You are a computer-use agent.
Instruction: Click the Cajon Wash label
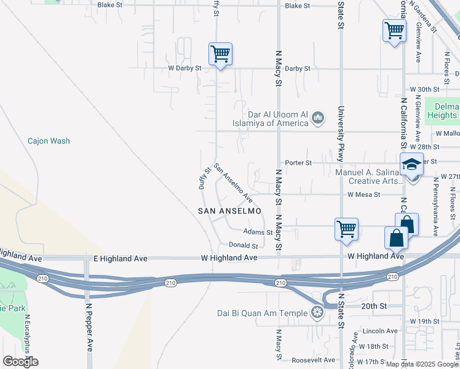point(49,141)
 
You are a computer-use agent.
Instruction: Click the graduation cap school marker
point(411,164)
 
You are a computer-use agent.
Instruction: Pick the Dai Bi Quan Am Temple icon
point(317,313)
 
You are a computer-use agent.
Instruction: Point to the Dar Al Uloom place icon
point(318,117)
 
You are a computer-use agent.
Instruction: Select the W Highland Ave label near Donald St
point(229,258)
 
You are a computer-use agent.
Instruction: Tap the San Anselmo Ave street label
point(234,183)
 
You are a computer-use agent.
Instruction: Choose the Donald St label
point(243,245)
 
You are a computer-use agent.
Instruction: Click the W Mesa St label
point(363,194)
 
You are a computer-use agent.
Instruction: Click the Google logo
point(20,362)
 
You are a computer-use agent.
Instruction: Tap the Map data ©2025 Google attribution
point(422,364)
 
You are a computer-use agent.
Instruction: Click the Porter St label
point(300,163)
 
